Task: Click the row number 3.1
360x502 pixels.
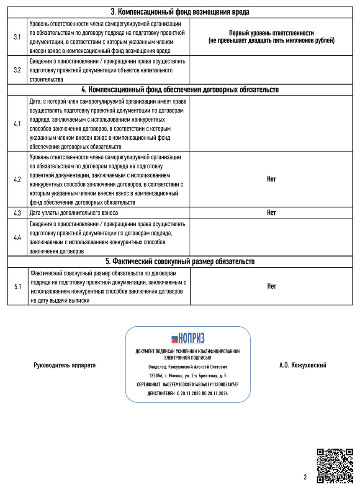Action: click(17, 37)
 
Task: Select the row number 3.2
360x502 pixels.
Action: click(17, 70)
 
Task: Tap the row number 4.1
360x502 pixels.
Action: click(17, 124)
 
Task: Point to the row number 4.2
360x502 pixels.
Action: click(17, 179)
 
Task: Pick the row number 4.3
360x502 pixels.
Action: click(17, 213)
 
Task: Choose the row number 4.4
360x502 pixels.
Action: click(17, 237)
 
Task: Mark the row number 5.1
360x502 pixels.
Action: click(17, 287)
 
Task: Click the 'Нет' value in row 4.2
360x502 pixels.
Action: click(271, 179)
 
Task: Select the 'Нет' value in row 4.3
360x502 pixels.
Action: click(271, 213)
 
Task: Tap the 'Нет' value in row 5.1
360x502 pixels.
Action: click(271, 286)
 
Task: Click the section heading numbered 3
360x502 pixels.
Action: click(180, 12)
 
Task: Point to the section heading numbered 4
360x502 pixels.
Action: click(180, 90)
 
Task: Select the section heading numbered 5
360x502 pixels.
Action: click(180, 261)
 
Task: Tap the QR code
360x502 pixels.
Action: click(334, 466)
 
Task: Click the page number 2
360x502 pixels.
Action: click(305, 477)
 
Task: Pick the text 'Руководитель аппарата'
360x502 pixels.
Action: click(64, 365)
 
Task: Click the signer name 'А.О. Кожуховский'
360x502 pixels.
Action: click(303, 365)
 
